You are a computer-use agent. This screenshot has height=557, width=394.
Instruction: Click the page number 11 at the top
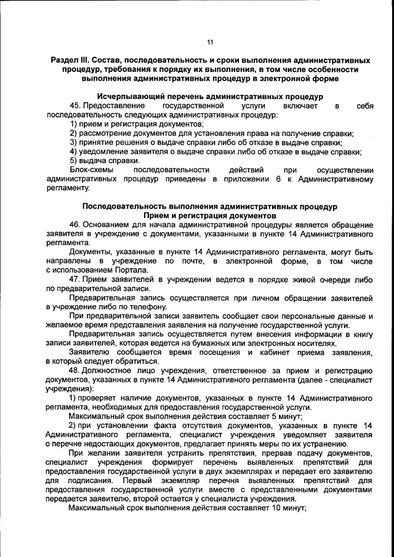(x=210, y=42)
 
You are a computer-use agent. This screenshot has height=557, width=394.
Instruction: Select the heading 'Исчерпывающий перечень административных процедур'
(x=210, y=97)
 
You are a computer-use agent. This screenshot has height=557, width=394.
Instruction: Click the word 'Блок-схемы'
(x=90, y=169)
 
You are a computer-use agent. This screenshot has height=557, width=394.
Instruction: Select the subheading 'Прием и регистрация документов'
(x=210, y=217)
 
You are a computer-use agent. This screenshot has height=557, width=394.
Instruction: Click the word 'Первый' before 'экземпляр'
(x=137, y=479)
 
